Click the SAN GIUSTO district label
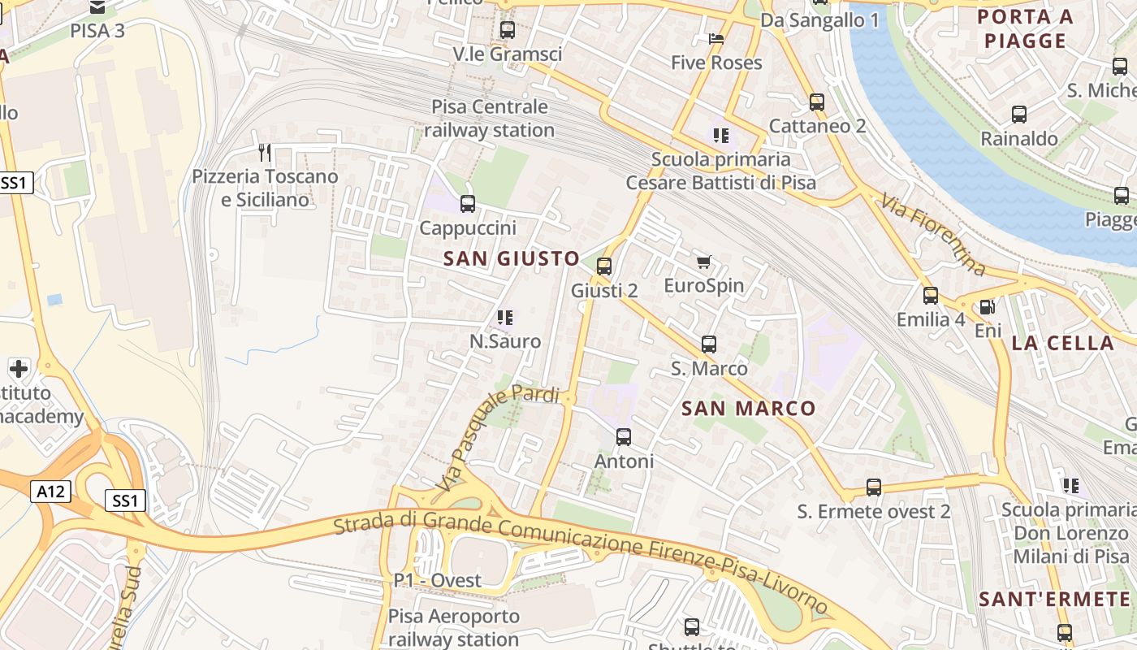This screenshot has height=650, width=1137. tap(512, 259)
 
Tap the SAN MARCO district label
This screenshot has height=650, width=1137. tap(748, 409)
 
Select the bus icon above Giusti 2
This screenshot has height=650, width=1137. tap(603, 266)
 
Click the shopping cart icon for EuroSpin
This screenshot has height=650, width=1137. tap(704, 262)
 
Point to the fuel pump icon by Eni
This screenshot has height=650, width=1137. tap(988, 307)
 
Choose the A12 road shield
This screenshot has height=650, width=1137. tap(52, 491)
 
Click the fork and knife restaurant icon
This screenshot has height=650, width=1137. tap(264, 152)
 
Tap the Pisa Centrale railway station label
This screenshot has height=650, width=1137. tap(490, 119)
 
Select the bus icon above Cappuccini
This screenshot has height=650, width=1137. tap(468, 204)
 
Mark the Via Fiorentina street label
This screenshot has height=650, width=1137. tap(934, 233)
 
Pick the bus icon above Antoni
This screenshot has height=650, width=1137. tap(624, 437)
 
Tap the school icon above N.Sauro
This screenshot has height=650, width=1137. tap(505, 317)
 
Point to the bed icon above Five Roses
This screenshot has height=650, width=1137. tap(715, 38)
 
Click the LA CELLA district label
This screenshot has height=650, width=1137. tap(1063, 343)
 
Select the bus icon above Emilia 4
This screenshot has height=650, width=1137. tap(931, 296)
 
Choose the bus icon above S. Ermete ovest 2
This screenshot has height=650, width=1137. tap(874, 487)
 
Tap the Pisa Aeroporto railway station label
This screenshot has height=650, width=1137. tap(453, 627)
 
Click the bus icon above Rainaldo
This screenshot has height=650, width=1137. tap(1019, 115)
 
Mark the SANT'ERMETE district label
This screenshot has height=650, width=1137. tap(1054, 600)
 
